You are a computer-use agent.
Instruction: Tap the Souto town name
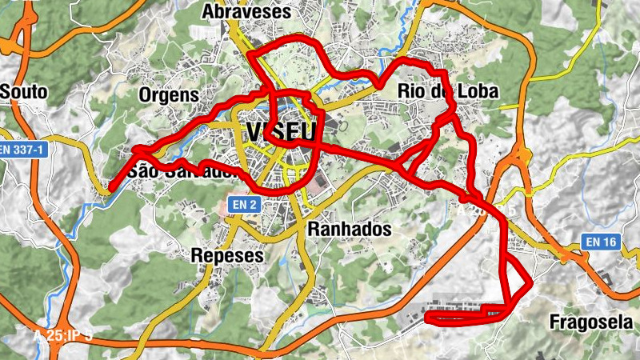[24, 92]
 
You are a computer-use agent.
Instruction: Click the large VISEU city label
[281, 132]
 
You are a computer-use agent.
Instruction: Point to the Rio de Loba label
[448, 92]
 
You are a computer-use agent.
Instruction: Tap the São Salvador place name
[183, 170]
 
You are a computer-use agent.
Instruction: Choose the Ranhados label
[350, 230]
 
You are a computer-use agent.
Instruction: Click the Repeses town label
[227, 255]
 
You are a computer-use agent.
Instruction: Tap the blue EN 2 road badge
[246, 205]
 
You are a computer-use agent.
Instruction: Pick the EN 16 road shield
[602, 241]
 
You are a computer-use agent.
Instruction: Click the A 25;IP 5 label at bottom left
[62, 335]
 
